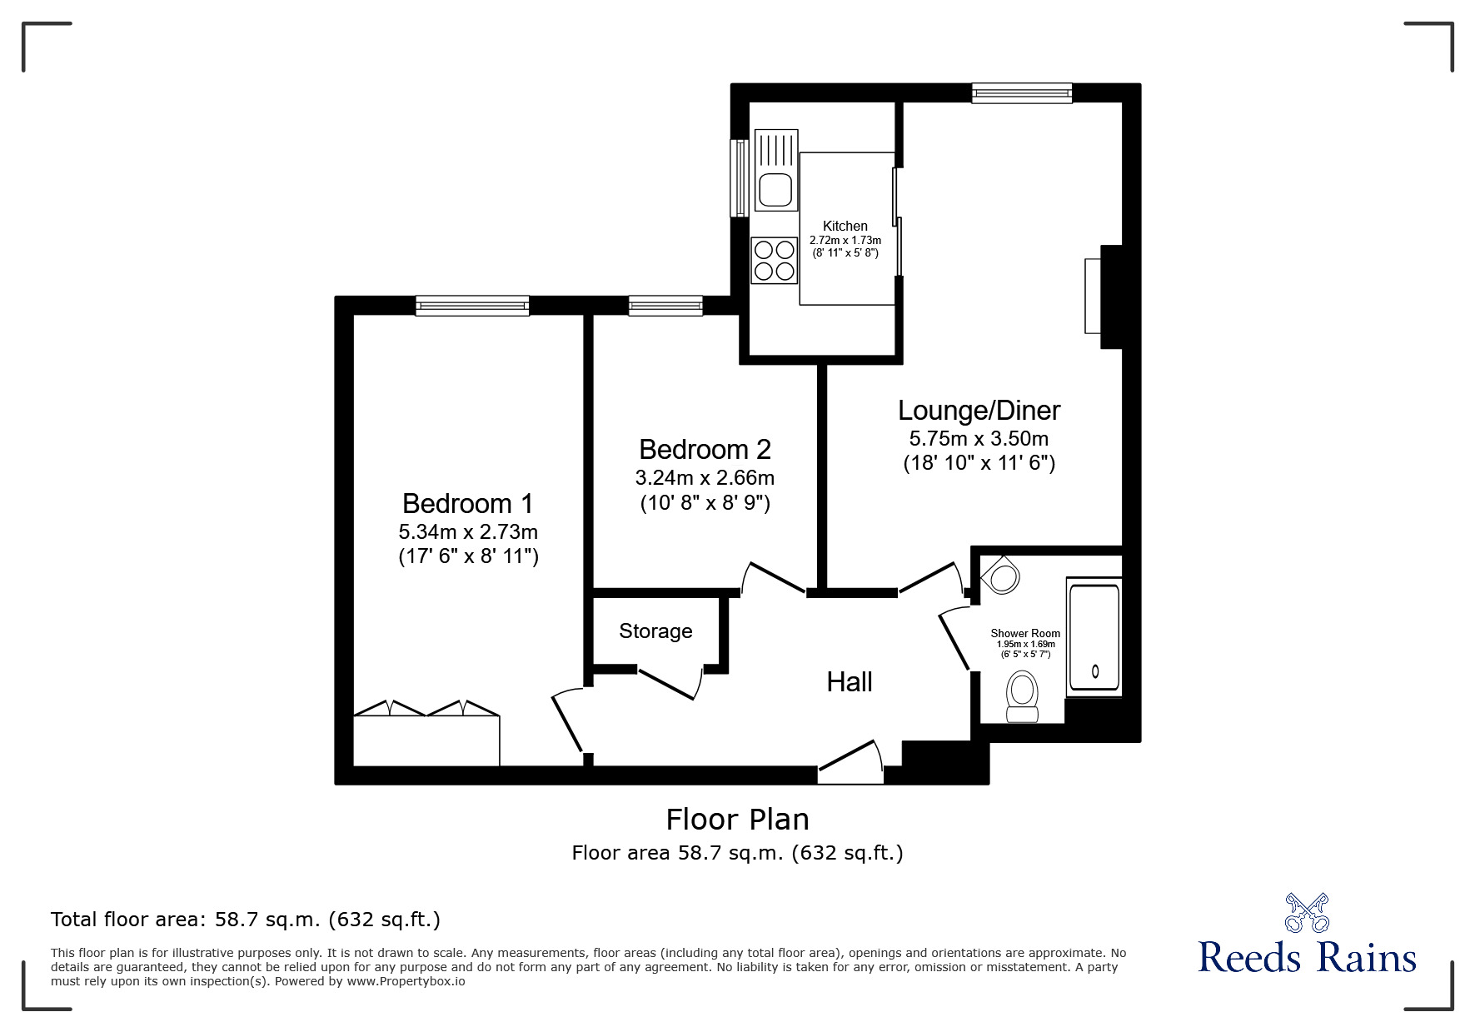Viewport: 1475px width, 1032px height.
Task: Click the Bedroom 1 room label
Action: pyautogui.click(x=467, y=503)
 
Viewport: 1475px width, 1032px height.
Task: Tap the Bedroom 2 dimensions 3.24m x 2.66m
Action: pyautogui.click(x=705, y=478)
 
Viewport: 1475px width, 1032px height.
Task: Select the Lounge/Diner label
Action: pyautogui.click(x=979, y=411)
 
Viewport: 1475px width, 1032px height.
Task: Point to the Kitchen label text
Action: pyautogui.click(x=845, y=226)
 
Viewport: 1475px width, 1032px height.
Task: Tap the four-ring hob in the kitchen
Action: pyautogui.click(x=774, y=259)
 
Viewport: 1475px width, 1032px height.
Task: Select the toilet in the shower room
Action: pyautogui.click(x=1022, y=697)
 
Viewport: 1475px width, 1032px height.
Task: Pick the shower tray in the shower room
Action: pyautogui.click(x=1094, y=639)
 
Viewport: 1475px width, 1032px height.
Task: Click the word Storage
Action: pyautogui.click(x=655, y=631)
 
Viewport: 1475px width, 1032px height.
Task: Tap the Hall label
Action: pyautogui.click(x=849, y=682)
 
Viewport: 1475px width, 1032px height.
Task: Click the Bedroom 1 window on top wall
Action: pyautogui.click(x=472, y=306)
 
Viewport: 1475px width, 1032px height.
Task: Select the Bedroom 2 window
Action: pyautogui.click(x=665, y=306)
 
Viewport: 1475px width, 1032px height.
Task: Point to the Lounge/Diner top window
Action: pyautogui.click(x=1021, y=92)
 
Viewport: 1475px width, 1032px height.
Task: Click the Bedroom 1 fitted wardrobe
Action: pyautogui.click(x=426, y=739)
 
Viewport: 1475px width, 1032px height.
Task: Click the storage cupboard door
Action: pyautogui.click(x=668, y=683)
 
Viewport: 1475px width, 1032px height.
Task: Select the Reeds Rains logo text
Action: pyautogui.click(x=1306, y=957)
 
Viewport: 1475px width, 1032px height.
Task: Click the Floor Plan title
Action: pyautogui.click(x=737, y=819)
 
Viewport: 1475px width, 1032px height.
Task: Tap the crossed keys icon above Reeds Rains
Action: pyautogui.click(x=1307, y=912)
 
